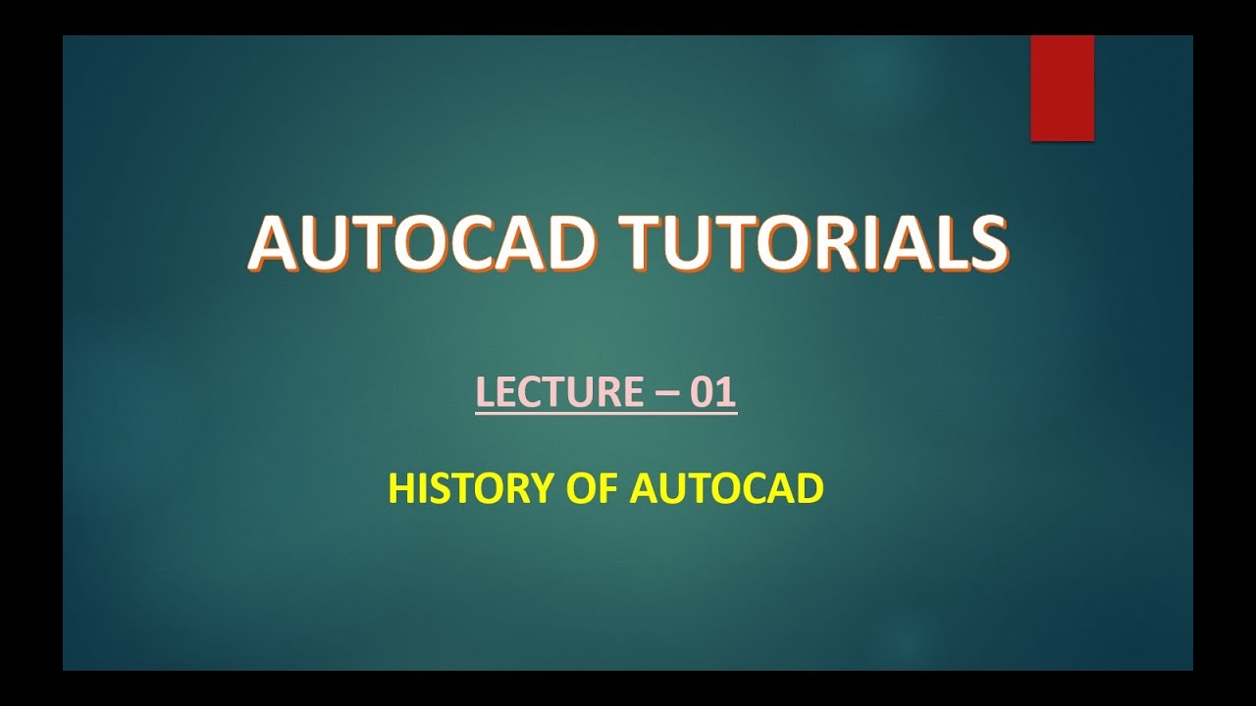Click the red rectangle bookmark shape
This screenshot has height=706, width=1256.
click(1062, 88)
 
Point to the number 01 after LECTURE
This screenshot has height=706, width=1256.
click(713, 392)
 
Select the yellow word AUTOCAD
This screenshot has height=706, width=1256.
click(726, 487)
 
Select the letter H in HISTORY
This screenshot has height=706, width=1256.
click(400, 487)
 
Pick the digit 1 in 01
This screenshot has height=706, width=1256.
click(726, 392)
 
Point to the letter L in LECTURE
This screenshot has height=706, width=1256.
click(484, 392)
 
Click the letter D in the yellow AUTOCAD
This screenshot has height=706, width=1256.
click(810, 487)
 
